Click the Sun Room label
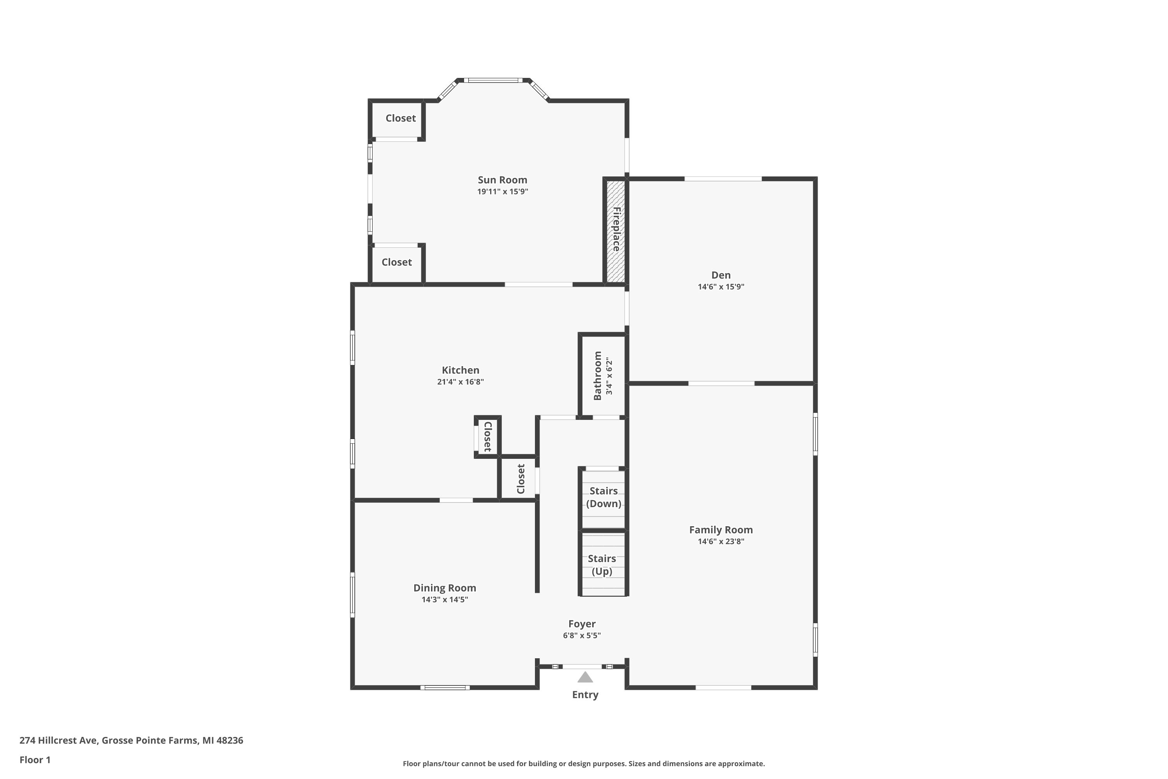click(x=503, y=180)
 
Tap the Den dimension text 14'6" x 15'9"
click(x=721, y=287)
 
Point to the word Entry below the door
click(x=585, y=695)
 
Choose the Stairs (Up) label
click(x=602, y=565)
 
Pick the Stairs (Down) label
click(x=604, y=497)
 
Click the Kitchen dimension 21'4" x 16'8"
click(x=460, y=382)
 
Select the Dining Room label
click(x=445, y=588)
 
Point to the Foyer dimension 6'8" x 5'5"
click(x=582, y=635)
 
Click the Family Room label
click(x=721, y=530)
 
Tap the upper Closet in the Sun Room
click(x=401, y=118)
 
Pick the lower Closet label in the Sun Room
click(x=397, y=262)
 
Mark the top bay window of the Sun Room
click(x=493, y=80)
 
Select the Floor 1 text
click(x=35, y=760)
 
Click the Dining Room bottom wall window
click(x=445, y=687)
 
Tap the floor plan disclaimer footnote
click(x=584, y=763)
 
